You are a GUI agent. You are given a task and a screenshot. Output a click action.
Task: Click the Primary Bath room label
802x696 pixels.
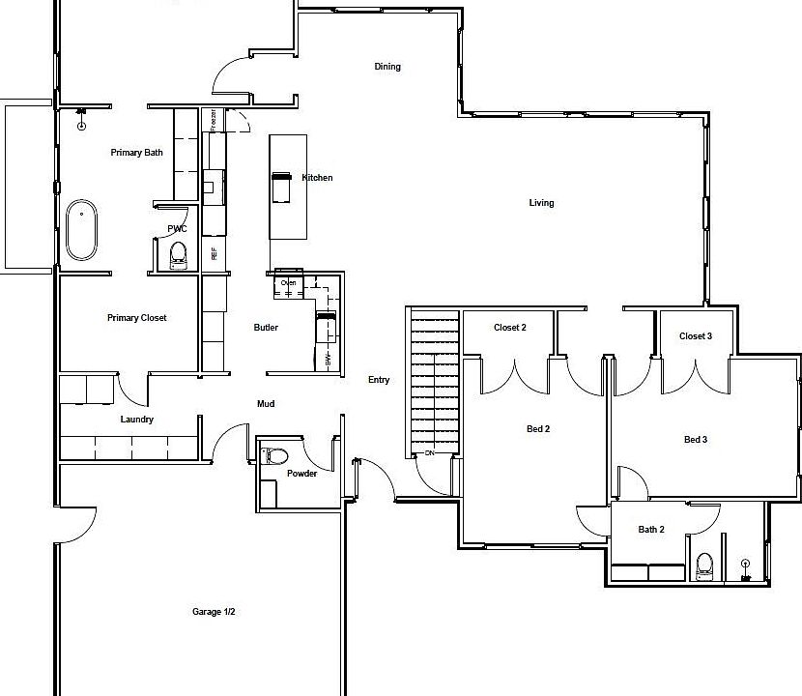pyautogui.click(x=136, y=153)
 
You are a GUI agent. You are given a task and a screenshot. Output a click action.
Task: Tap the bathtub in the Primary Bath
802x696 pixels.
pyautogui.click(x=82, y=230)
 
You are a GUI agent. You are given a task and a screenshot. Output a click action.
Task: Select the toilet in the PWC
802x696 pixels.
pyautogui.click(x=178, y=255)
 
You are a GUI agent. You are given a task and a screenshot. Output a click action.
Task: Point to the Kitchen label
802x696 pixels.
pyautogui.click(x=317, y=178)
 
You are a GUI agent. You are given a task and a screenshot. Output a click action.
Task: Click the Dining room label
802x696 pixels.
pyautogui.click(x=387, y=67)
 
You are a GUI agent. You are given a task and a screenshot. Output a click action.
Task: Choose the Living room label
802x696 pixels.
pyautogui.click(x=541, y=203)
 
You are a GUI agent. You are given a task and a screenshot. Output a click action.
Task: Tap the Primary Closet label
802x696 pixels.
pyautogui.click(x=136, y=318)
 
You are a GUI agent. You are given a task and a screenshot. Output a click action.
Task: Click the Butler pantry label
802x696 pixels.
pyautogui.click(x=266, y=328)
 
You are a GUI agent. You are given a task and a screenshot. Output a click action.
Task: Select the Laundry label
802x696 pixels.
pyautogui.click(x=136, y=420)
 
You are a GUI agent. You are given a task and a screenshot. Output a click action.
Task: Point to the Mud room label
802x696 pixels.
pyautogui.click(x=266, y=404)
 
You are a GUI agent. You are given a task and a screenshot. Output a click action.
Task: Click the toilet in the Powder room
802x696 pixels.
pyautogui.click(x=275, y=455)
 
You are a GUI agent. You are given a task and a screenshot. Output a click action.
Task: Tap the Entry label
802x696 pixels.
pyautogui.click(x=379, y=380)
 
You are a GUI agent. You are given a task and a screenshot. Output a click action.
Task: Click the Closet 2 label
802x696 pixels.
pyautogui.click(x=509, y=328)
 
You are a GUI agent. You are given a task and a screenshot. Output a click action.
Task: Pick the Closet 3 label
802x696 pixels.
pyautogui.click(x=696, y=336)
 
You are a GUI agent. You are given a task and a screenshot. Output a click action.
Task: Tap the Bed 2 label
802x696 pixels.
pyautogui.click(x=537, y=429)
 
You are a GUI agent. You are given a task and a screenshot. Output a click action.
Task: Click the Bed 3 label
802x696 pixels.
pyautogui.click(x=696, y=440)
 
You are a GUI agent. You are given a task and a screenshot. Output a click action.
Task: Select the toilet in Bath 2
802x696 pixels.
pyautogui.click(x=704, y=565)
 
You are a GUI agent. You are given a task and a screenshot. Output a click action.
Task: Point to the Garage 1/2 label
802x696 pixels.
pyautogui.click(x=214, y=612)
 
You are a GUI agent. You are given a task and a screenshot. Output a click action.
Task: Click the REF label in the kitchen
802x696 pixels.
pyautogui.click(x=215, y=254)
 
